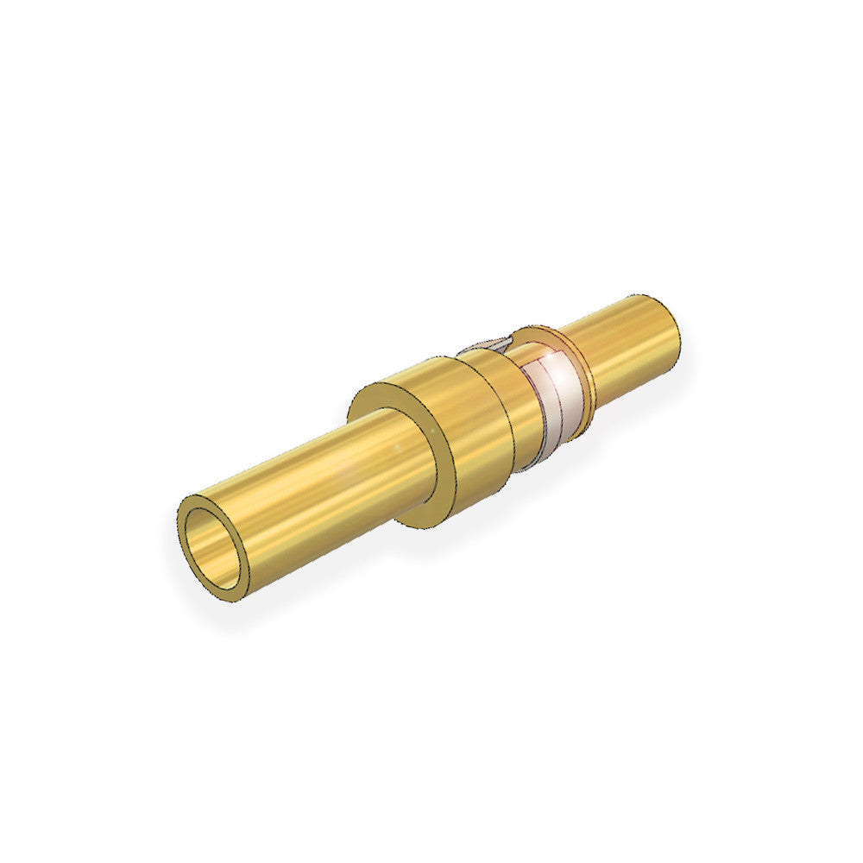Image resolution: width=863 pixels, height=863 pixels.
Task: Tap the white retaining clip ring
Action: click(x=552, y=397)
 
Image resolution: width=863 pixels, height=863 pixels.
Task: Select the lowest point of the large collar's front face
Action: click(x=414, y=524)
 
